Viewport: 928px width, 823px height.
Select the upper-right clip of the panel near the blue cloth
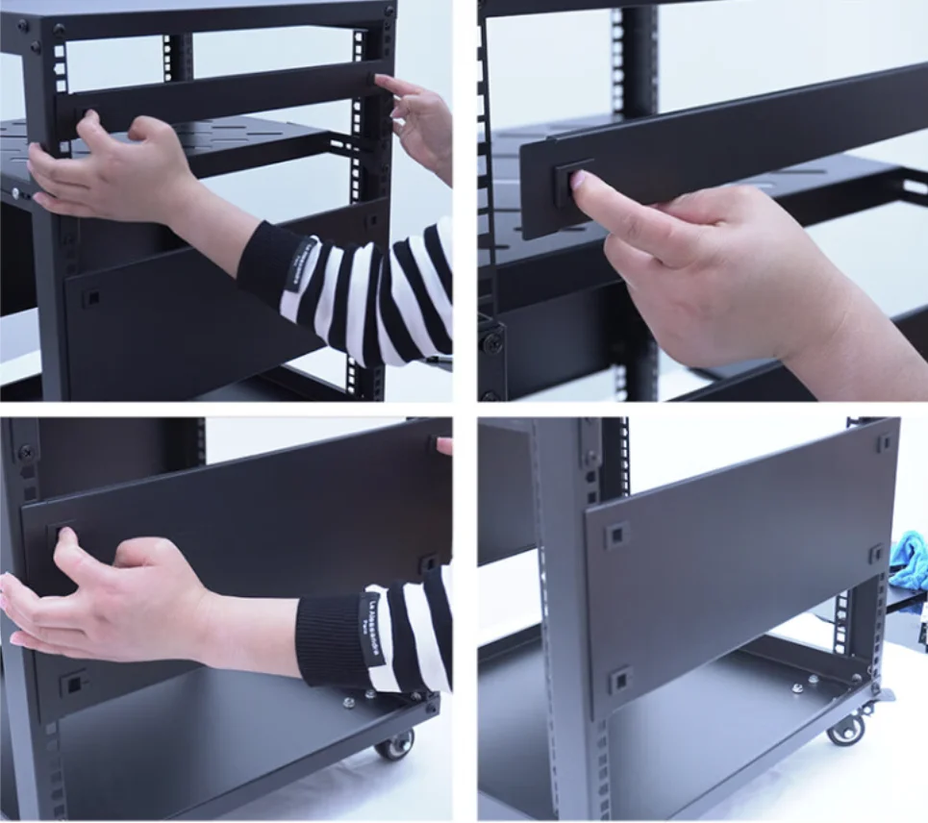[x=884, y=444]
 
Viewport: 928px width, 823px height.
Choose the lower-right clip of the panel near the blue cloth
[x=875, y=554]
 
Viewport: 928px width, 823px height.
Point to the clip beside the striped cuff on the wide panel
[x=429, y=561]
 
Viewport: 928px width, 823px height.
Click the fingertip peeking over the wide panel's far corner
[x=443, y=445]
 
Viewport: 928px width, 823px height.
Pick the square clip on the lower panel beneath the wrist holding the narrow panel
[x=90, y=297]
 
